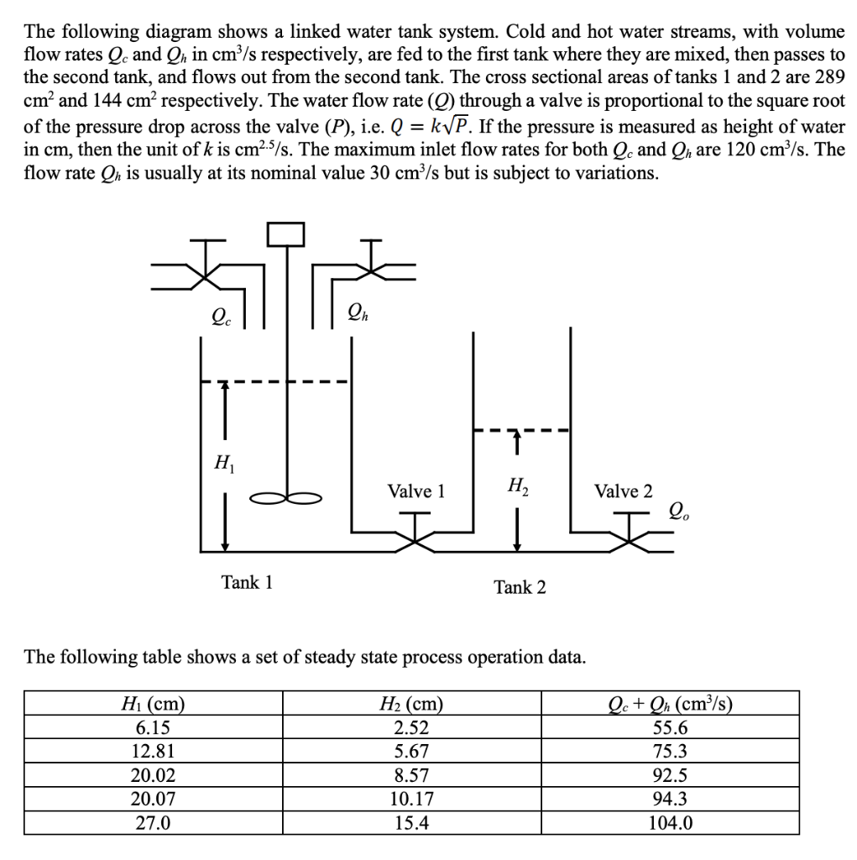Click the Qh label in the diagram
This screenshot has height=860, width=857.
[356, 317]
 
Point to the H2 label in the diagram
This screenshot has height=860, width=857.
[517, 485]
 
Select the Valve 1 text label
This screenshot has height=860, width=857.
[415, 490]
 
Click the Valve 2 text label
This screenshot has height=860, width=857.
[623, 491]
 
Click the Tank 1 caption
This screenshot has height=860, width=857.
[247, 581]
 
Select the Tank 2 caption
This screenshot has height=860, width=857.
[520, 587]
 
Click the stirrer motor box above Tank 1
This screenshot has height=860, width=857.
[285, 234]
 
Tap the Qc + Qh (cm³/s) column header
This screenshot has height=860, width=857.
[671, 704]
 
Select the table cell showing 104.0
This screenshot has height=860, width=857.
[671, 822]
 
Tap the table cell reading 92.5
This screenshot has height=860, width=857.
[671, 775]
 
